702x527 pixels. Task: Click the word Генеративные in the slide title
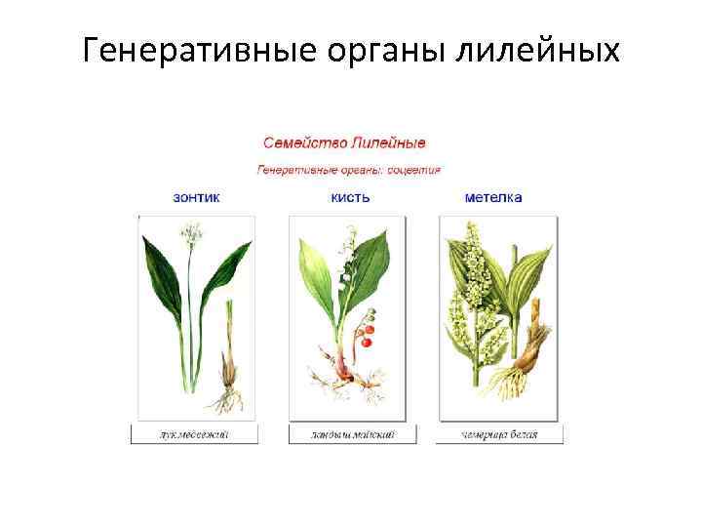coord(195,49)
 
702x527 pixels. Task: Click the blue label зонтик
coord(196,197)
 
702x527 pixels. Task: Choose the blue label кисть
coord(350,197)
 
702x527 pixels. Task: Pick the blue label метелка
coord(493,197)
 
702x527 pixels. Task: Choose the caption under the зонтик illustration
coord(195,434)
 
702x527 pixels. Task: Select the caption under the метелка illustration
coord(499,434)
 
